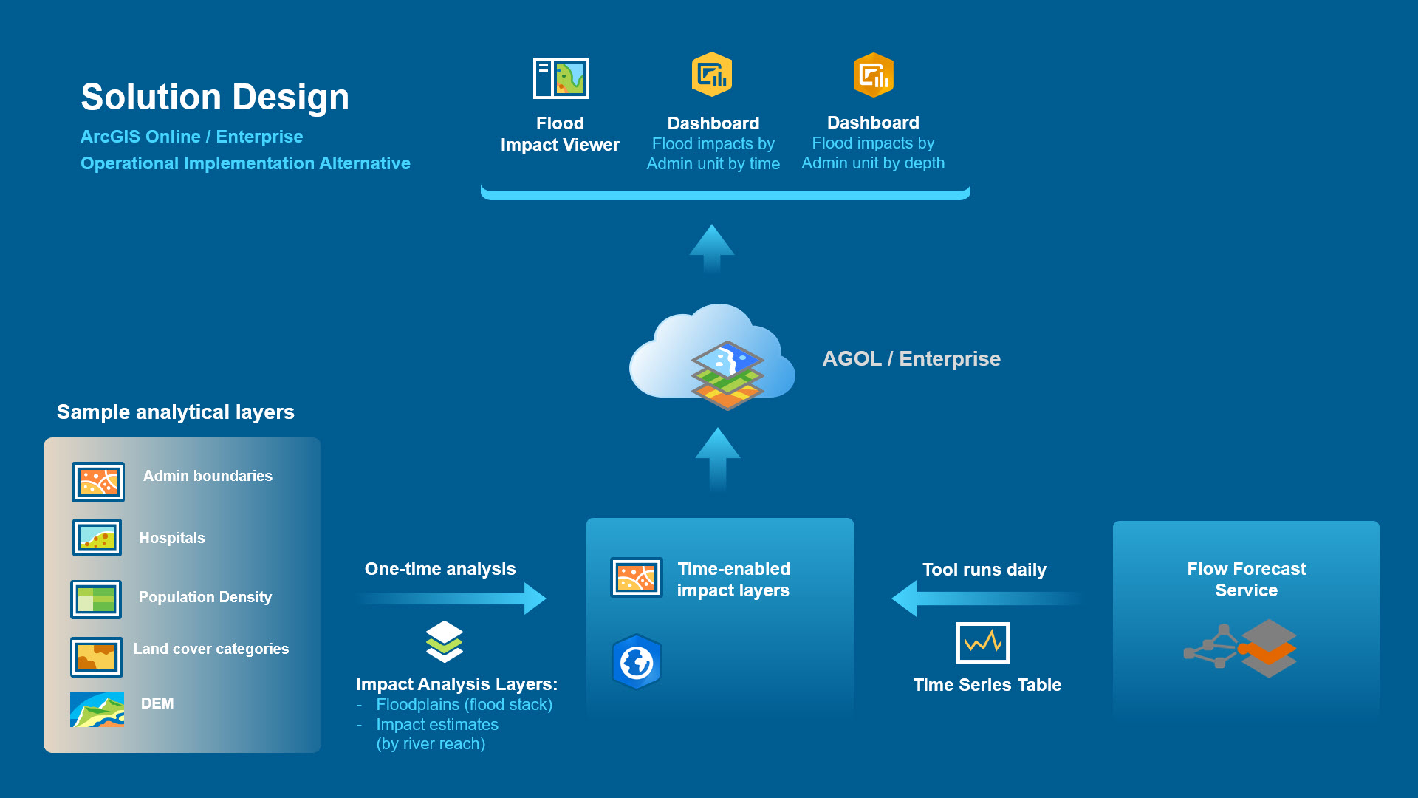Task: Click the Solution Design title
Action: pyautogui.click(x=215, y=97)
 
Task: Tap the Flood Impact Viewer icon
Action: pyautogui.click(x=561, y=78)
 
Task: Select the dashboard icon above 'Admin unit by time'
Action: pyautogui.click(x=712, y=75)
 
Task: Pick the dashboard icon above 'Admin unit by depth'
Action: pyautogui.click(x=873, y=75)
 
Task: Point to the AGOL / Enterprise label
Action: pyautogui.click(x=911, y=359)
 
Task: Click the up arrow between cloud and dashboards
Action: pyautogui.click(x=712, y=248)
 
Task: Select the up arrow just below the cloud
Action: pyautogui.click(x=717, y=458)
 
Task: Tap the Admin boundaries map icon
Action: pyautogui.click(x=98, y=482)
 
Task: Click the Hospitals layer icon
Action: pyautogui.click(x=97, y=537)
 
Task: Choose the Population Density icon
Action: pyautogui.click(x=96, y=599)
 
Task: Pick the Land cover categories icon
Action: pyautogui.click(x=97, y=657)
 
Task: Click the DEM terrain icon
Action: pyautogui.click(x=97, y=709)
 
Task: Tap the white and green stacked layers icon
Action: pyautogui.click(x=445, y=641)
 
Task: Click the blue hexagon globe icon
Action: pyautogui.click(x=637, y=662)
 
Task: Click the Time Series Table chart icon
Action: pyautogui.click(x=982, y=643)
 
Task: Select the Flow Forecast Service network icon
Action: pyautogui.click(x=1241, y=648)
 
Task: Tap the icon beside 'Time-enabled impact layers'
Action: pyautogui.click(x=637, y=577)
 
